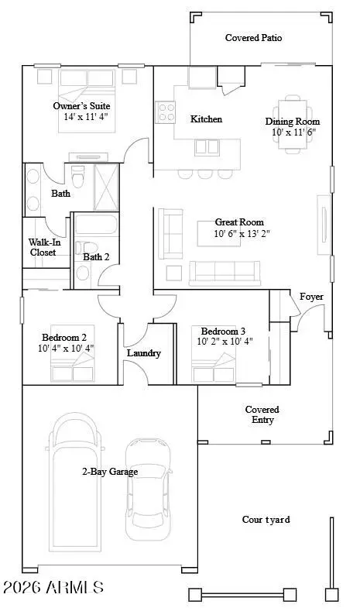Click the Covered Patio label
point(253,37)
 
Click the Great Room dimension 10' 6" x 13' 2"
point(242,233)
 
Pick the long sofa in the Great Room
point(225,271)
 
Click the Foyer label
point(311,297)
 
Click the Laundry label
point(143,353)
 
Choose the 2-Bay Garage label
point(111,471)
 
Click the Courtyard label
point(266,520)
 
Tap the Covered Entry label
point(262,414)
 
